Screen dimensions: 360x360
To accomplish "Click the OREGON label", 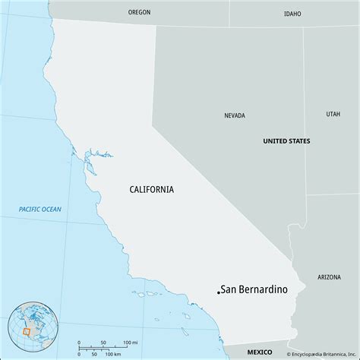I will [140, 12].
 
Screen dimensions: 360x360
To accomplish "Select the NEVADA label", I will [235, 116].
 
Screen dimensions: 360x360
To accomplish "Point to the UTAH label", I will [333, 114].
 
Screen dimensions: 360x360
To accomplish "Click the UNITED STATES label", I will [286, 141].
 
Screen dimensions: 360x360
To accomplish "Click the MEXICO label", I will [262, 352].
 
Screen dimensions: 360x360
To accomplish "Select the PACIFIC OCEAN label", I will [41, 209].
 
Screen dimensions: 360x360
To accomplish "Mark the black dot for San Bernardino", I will [219, 291].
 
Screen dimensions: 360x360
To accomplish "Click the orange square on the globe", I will [27, 332].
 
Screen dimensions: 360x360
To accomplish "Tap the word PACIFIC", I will [30, 209].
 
